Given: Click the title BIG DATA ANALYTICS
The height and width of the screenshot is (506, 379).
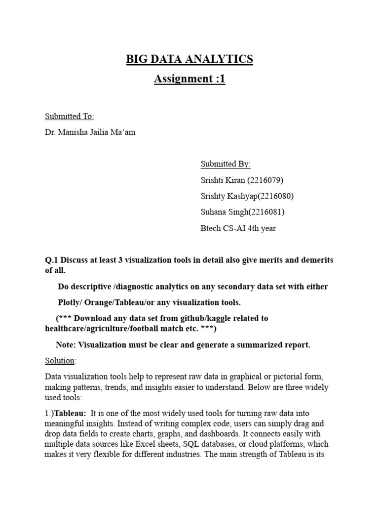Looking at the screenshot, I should tap(189, 59).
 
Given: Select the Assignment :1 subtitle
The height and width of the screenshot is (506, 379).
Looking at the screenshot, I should tap(189, 79).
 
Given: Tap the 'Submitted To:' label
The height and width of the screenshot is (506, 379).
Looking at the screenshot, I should tap(70, 117).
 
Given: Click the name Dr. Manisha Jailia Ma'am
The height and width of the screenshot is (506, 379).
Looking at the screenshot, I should tap(90, 132).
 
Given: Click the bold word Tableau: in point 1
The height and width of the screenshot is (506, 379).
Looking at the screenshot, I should tap(70, 413).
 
